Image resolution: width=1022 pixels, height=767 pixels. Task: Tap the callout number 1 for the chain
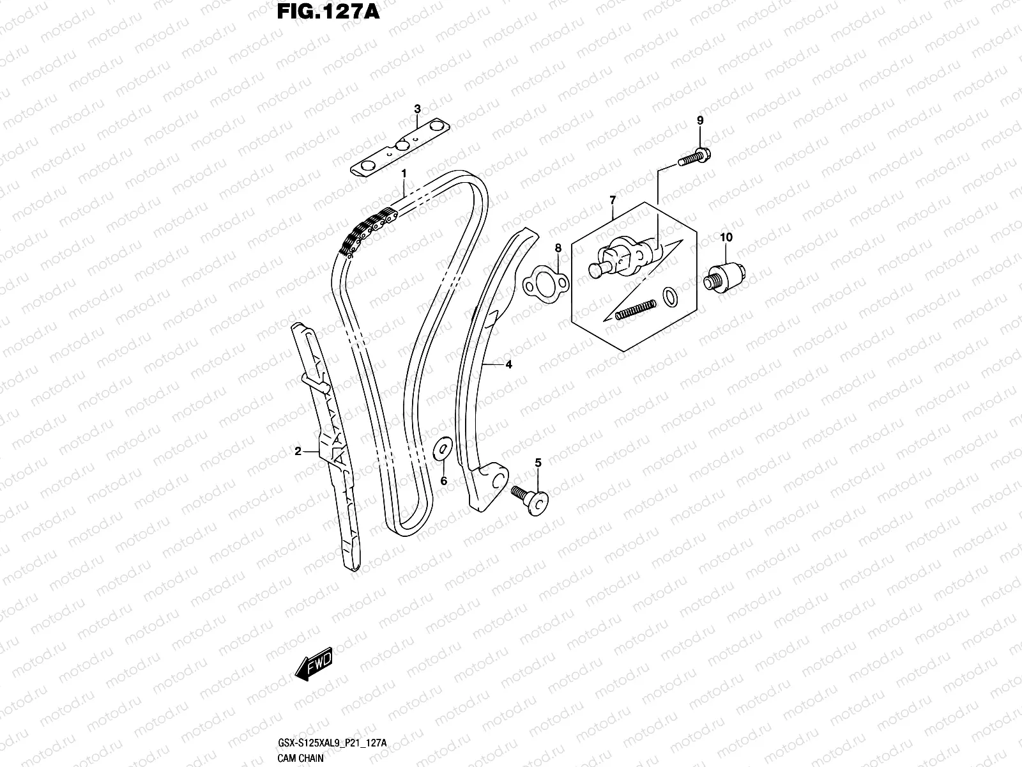404,173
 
